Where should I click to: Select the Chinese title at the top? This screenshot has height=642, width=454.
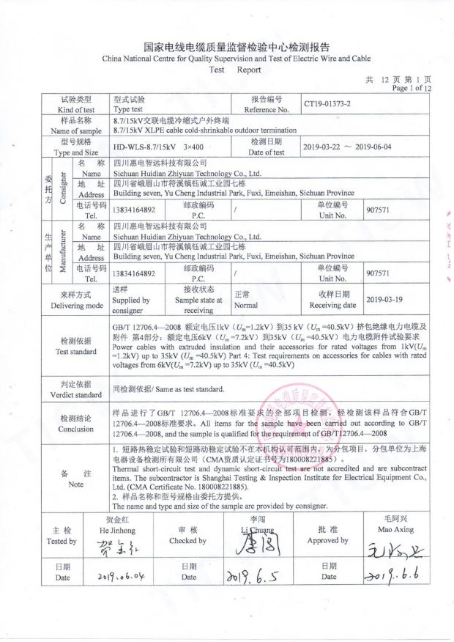226,45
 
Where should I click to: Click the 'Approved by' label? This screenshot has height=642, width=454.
327,540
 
